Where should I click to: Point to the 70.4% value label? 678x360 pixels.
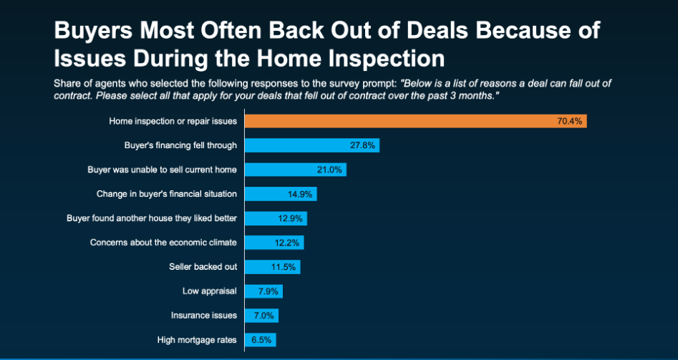tap(571, 121)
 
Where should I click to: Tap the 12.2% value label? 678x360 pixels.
tap(289, 243)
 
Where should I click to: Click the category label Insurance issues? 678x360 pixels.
tap(203, 316)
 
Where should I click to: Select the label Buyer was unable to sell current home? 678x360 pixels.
tap(162, 170)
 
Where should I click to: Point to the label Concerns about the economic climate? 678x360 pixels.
tap(163, 243)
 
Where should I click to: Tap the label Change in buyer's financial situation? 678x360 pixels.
tap(166, 194)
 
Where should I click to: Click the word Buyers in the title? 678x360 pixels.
tap(93, 31)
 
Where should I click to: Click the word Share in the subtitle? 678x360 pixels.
tap(67, 84)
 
